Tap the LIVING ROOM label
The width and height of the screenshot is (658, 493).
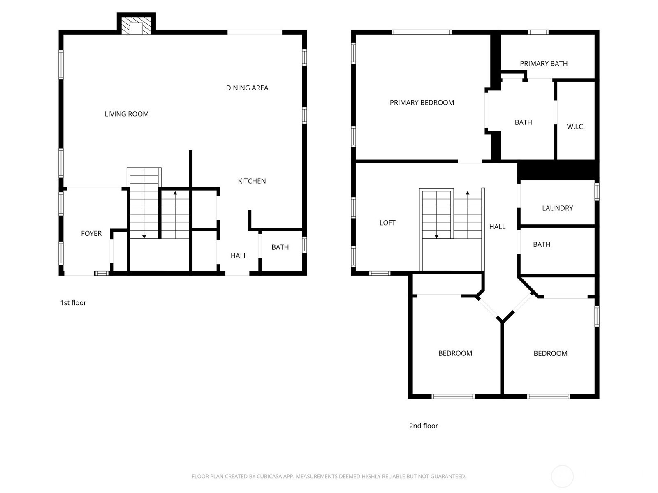click(127, 114)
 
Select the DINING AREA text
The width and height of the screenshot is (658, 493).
click(247, 88)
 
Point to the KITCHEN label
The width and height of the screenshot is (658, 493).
click(252, 181)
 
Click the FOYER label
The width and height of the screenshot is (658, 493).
click(91, 233)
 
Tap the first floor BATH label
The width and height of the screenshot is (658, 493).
click(280, 247)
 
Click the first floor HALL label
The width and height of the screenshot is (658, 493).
click(239, 256)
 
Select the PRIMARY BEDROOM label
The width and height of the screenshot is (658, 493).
click(422, 103)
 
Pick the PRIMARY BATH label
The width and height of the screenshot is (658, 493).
click(544, 63)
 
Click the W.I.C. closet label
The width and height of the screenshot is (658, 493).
click(576, 127)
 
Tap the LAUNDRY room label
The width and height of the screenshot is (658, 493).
click(557, 208)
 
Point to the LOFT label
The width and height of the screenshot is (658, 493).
click(387, 223)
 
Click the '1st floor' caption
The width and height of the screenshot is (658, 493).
click(73, 303)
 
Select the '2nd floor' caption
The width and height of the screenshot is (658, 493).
click(423, 426)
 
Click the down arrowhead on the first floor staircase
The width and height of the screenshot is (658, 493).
click(144, 237)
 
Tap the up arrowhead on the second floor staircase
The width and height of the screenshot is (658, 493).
click(468, 193)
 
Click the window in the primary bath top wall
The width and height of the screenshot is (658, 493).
click(538, 32)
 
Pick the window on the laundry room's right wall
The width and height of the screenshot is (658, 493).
click(597, 191)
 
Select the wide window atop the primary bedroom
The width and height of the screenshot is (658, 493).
click(421, 32)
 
